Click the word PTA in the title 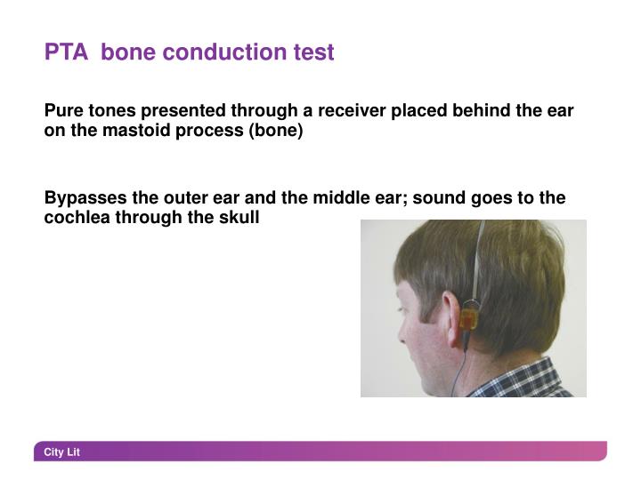[x=66, y=52]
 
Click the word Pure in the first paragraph [x=62, y=111]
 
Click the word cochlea [x=78, y=217]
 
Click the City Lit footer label [x=62, y=452]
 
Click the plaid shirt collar [x=525, y=380]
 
